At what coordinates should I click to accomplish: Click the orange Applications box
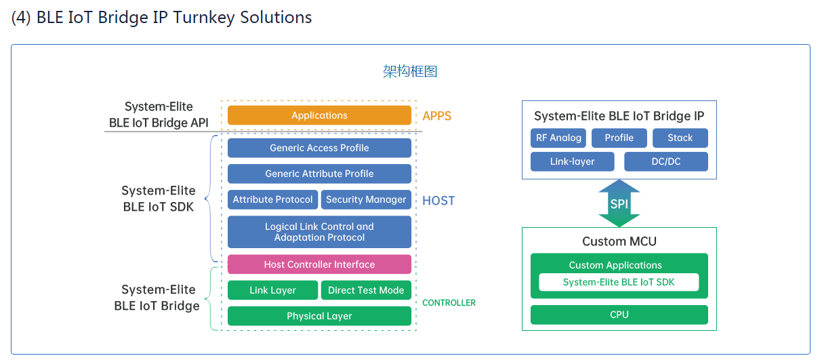(x=319, y=115)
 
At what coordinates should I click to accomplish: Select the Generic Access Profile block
(x=319, y=148)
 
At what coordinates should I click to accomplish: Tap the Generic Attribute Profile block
(x=319, y=174)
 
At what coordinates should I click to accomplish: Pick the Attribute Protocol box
(x=272, y=199)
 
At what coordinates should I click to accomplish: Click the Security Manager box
(x=366, y=199)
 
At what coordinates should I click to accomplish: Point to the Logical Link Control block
(x=319, y=232)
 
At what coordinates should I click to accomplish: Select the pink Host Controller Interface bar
(x=319, y=264)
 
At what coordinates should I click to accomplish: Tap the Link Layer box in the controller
(x=272, y=290)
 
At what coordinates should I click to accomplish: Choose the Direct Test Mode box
(x=366, y=290)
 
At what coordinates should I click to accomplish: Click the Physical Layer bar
(x=319, y=316)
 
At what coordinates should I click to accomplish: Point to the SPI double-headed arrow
(x=619, y=203)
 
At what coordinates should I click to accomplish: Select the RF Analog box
(x=558, y=138)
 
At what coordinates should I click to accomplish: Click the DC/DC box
(x=666, y=161)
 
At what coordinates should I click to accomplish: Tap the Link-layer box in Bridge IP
(x=573, y=161)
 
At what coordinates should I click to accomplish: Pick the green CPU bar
(x=619, y=315)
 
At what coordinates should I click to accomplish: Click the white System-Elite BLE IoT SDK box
(x=619, y=282)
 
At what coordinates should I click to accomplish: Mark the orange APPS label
(x=436, y=116)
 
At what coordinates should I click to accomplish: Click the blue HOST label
(x=438, y=201)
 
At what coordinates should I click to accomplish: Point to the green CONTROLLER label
(x=449, y=303)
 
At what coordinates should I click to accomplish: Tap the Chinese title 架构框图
(x=410, y=71)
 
